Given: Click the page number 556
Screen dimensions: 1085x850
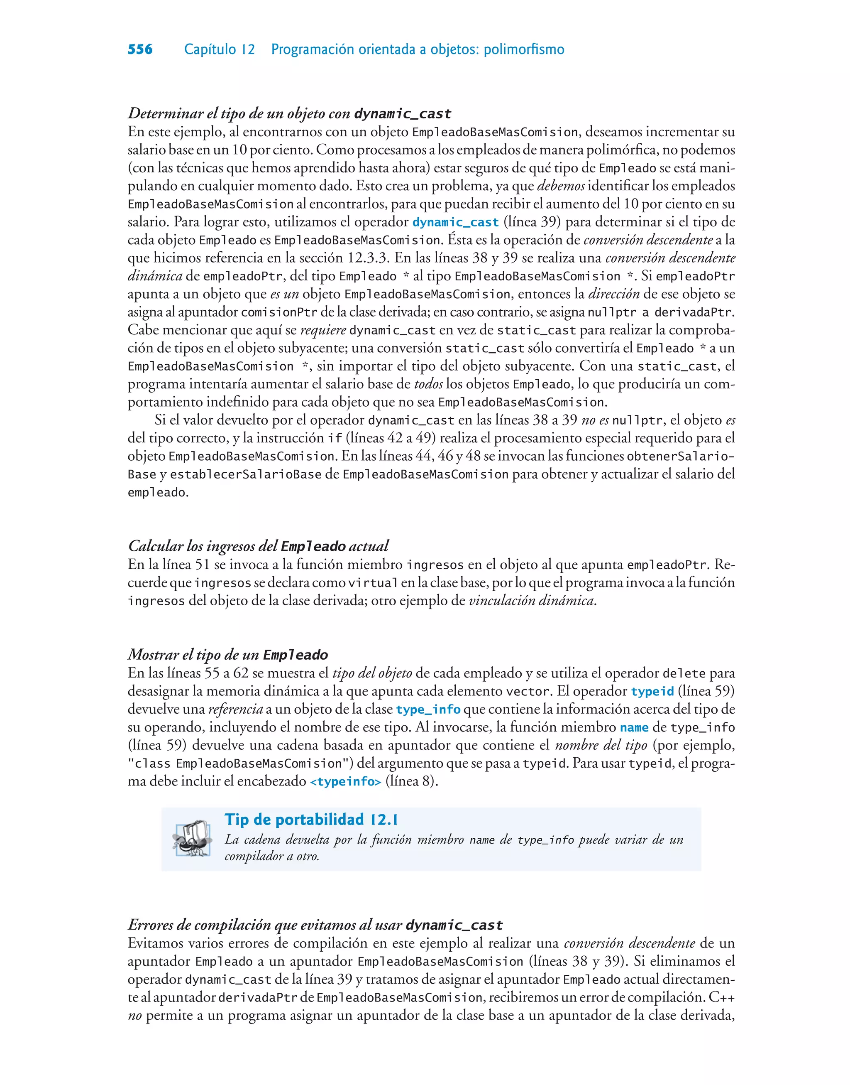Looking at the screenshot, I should click(x=140, y=49).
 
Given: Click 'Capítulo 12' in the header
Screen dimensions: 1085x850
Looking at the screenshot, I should click(x=219, y=49).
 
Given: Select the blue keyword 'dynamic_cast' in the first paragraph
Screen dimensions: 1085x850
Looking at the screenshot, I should click(x=455, y=223).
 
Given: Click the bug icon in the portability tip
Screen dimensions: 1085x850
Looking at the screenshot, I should click(x=192, y=840).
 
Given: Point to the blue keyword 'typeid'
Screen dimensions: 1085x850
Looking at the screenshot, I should click(x=652, y=692).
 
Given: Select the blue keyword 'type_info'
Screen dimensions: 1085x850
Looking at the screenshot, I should click(x=428, y=709).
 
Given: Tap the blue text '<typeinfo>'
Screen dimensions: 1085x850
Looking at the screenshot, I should click(x=345, y=782).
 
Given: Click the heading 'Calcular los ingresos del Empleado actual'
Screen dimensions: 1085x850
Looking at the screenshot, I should click(x=258, y=546).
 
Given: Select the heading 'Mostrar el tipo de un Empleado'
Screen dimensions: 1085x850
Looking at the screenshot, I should click(x=227, y=655).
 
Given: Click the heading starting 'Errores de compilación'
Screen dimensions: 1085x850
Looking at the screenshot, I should click(x=315, y=925).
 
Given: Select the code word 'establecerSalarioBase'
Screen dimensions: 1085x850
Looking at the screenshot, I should click(x=245, y=474).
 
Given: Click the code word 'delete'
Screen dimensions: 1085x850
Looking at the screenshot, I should click(x=684, y=674).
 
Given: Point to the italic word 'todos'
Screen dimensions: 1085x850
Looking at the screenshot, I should click(x=428, y=384).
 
